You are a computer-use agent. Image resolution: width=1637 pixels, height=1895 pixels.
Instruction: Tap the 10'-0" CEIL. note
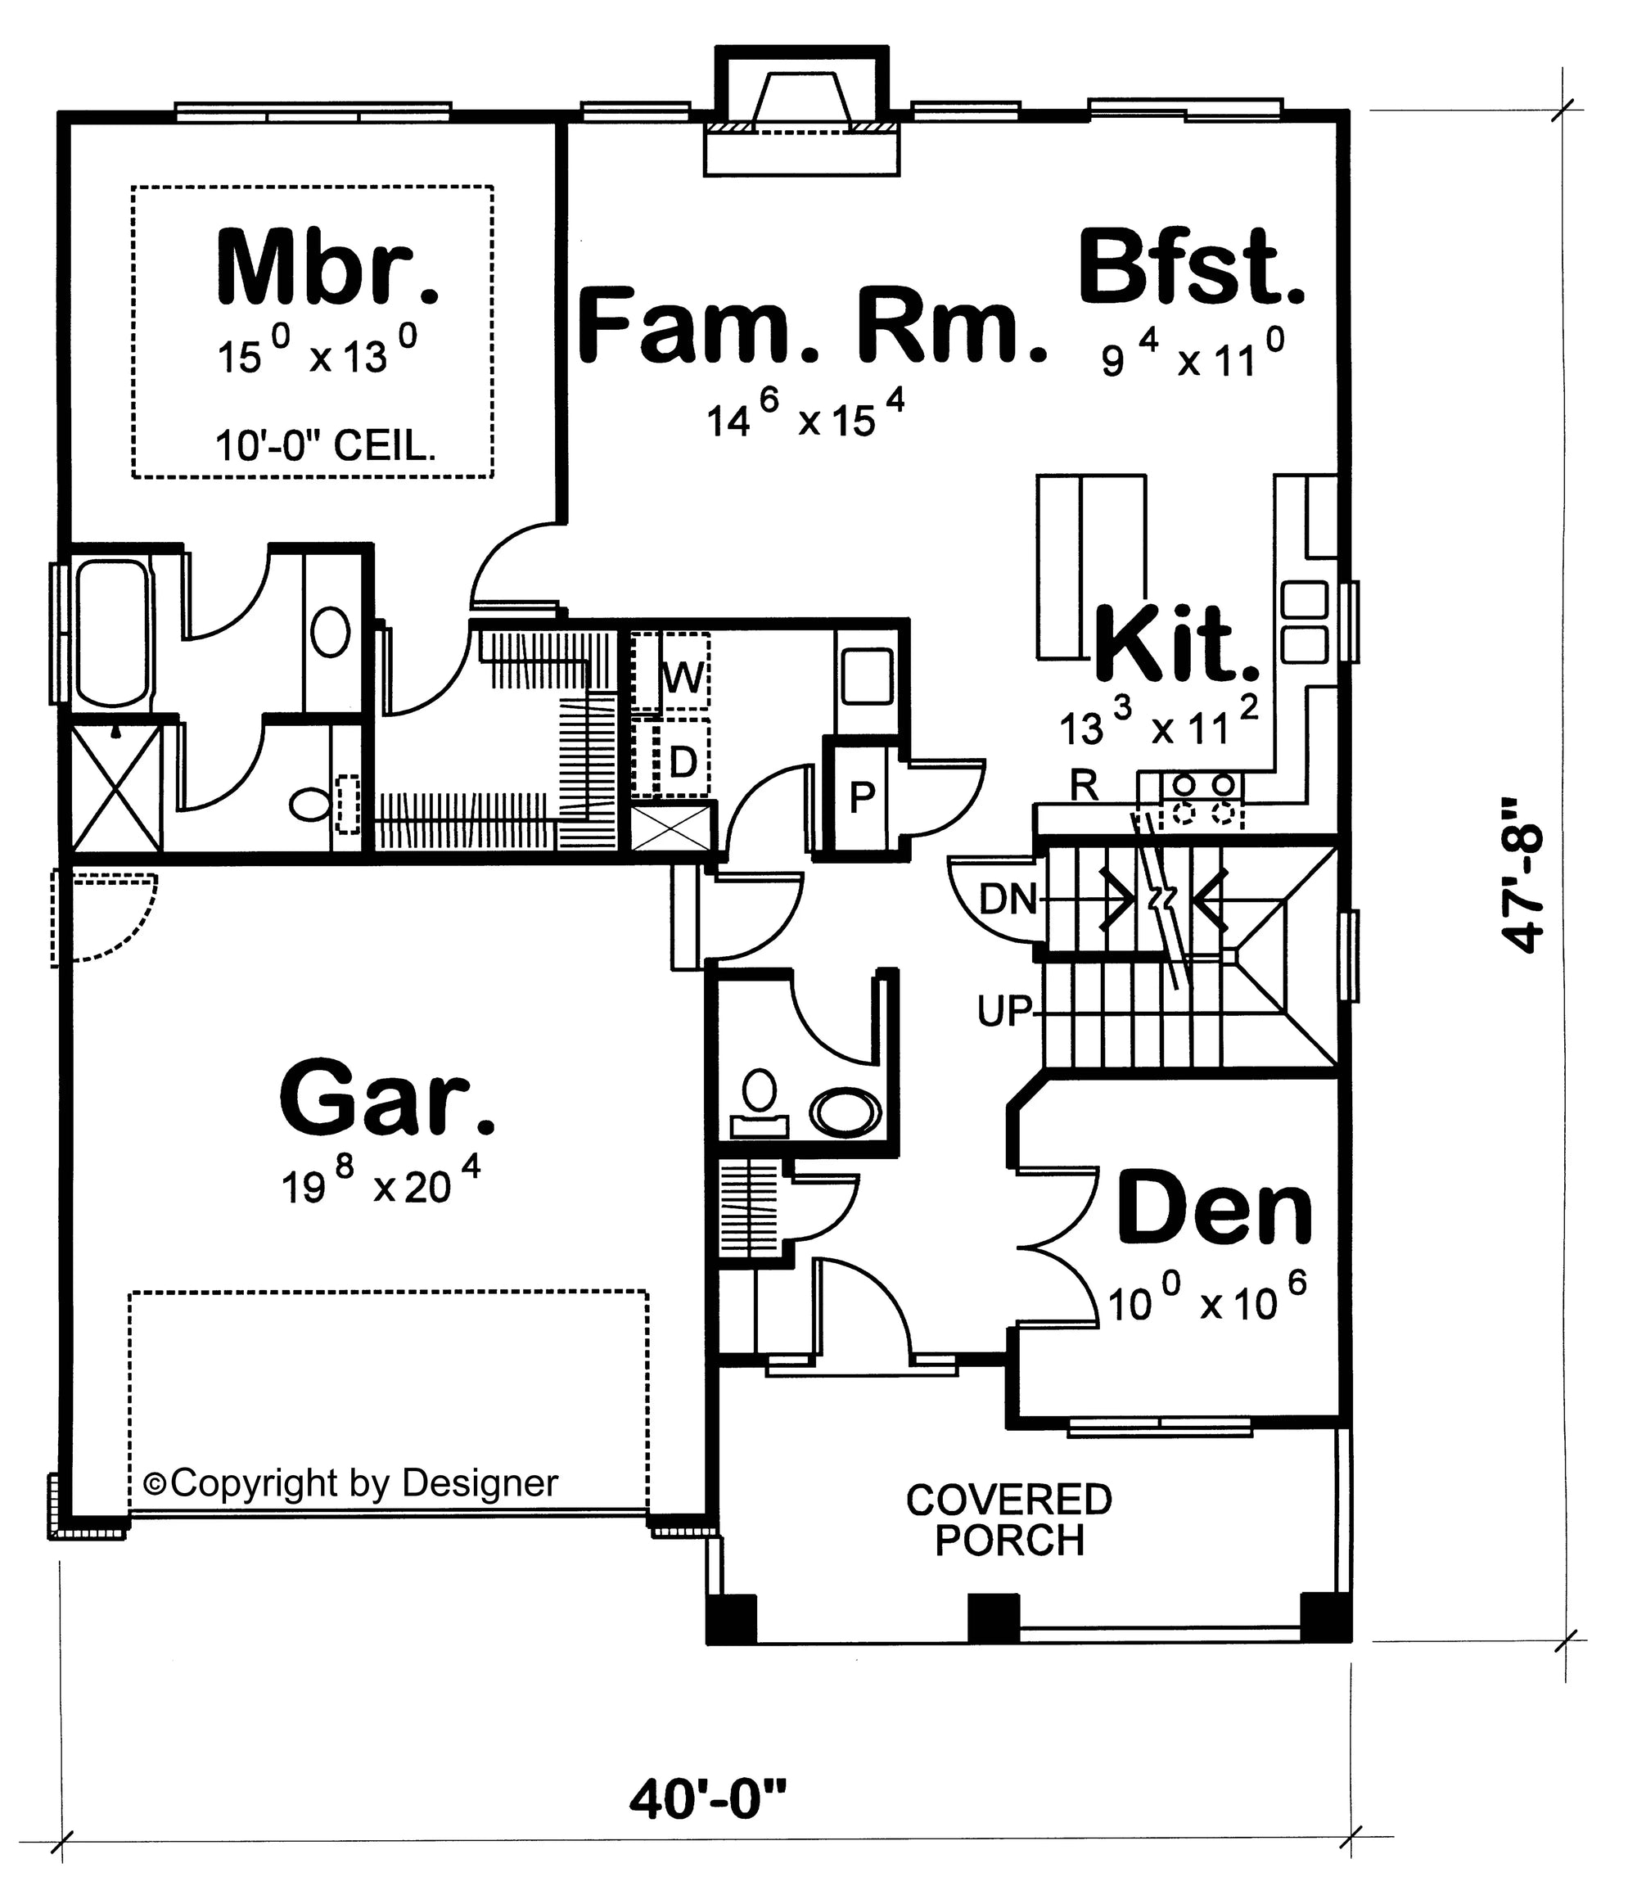(326, 446)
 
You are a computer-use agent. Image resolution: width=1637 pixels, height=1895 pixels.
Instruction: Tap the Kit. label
(1178, 645)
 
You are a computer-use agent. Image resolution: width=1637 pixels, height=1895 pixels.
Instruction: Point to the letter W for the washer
(684, 678)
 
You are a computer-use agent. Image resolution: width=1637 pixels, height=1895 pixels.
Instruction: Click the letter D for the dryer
(683, 762)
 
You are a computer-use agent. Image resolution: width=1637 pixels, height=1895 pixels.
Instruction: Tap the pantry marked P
(860, 798)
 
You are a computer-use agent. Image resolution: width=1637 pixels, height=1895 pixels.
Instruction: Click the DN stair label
(1007, 900)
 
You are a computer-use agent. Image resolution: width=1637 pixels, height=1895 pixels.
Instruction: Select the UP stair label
(1004, 1012)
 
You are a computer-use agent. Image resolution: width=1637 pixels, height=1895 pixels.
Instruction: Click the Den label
(1215, 1209)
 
